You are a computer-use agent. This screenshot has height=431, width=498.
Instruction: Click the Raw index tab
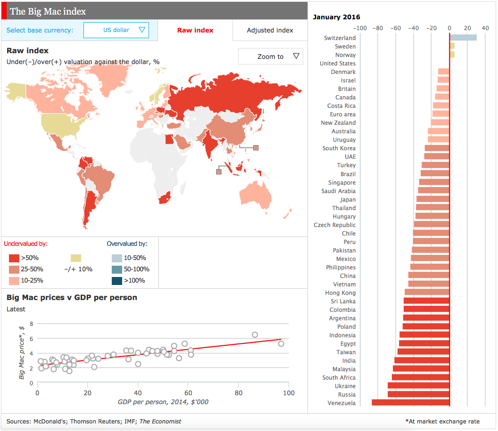(195, 30)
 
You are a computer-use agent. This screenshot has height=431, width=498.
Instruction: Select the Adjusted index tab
(270, 30)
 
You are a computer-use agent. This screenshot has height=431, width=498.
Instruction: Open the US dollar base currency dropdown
(116, 30)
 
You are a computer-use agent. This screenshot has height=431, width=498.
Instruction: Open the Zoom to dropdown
(271, 57)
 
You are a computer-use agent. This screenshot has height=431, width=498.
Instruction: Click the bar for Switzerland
(463, 38)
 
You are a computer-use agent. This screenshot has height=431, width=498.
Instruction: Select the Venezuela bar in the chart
(410, 403)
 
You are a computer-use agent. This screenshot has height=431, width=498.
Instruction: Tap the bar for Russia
(418, 394)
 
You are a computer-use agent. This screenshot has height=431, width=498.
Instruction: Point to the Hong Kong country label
(340, 293)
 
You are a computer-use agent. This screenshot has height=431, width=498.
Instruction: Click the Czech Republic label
(335, 225)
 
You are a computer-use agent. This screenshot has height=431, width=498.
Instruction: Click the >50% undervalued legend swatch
(14, 258)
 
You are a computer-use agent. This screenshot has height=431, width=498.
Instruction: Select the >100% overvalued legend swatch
(116, 281)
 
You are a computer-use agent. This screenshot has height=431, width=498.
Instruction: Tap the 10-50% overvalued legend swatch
(116, 258)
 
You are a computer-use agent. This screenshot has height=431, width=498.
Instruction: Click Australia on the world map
(255, 194)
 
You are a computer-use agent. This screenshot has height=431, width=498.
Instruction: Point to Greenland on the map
(108, 75)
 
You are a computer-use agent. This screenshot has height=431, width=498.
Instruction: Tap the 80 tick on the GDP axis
(239, 393)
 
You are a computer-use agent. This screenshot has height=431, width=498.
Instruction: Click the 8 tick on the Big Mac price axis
(32, 324)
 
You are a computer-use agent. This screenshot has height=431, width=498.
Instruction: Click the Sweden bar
(452, 46)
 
